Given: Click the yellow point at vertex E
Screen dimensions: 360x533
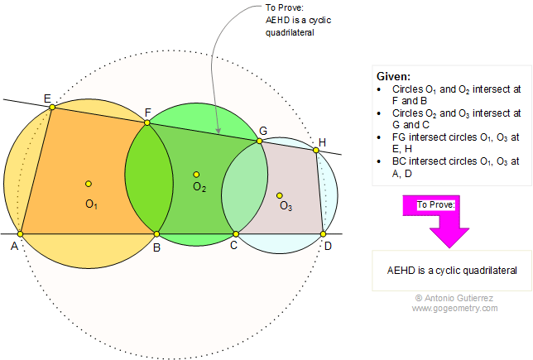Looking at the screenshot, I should click(51, 107).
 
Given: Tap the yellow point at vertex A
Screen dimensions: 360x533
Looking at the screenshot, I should click(20, 234).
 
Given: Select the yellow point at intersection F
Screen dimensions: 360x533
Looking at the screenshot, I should click(147, 122).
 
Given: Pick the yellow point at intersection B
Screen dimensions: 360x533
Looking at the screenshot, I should click(157, 234).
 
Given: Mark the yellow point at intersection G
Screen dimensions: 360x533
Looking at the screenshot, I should click(259, 141).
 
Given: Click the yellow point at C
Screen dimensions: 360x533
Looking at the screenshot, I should click(235, 234).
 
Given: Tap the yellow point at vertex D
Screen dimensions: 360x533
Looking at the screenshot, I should click(324, 234).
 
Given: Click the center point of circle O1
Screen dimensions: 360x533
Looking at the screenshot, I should click(88, 184).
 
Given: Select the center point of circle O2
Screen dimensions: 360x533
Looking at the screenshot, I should click(196, 174).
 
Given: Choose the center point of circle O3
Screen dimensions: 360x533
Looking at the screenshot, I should click(280, 195).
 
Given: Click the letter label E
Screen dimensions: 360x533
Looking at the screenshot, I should click(46, 97).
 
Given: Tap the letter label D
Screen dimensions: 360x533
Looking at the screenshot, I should click(329, 246).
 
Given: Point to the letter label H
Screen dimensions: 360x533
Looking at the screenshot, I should click(322, 141).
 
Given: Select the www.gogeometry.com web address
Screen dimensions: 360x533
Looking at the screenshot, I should click(454, 308).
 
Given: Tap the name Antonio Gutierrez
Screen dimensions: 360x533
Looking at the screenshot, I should click(460, 298).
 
